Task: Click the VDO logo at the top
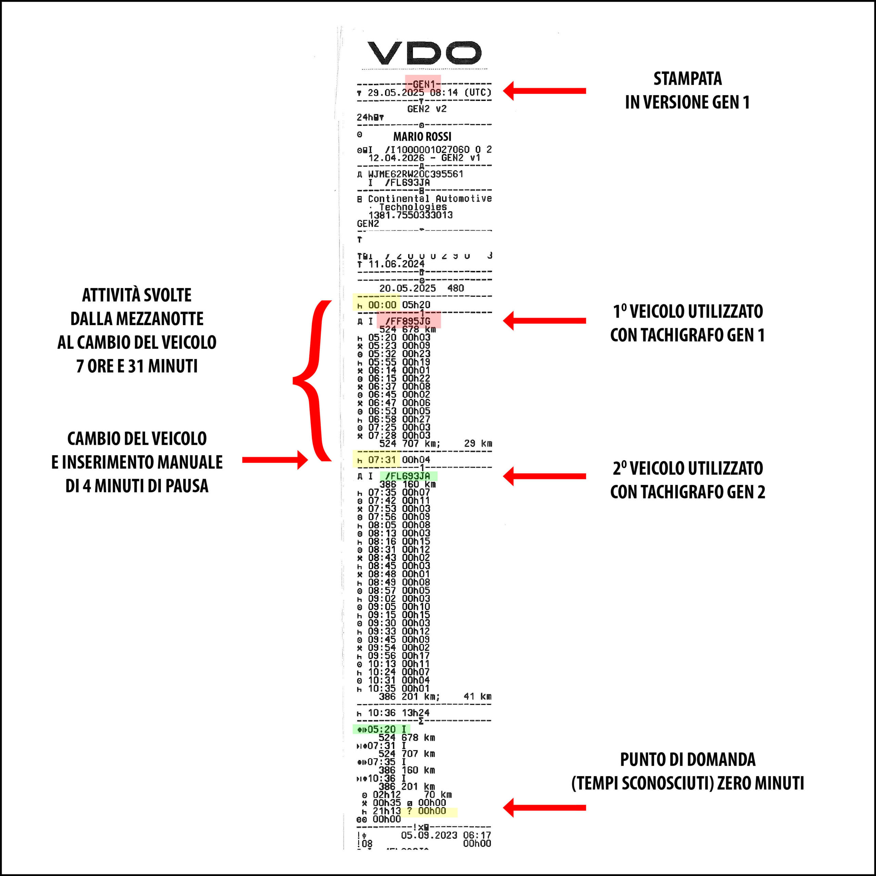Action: (424, 53)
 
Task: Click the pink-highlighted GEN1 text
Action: (423, 84)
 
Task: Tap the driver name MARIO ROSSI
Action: (422, 137)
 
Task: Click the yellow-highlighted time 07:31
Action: (382, 460)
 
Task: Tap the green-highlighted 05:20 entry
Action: (381, 730)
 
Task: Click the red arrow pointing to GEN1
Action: (544, 91)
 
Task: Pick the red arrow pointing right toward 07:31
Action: (275, 460)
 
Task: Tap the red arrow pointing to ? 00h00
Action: (544, 808)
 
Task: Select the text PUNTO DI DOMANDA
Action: (687, 759)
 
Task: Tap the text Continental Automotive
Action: (429, 198)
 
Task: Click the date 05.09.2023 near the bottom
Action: (428, 835)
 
